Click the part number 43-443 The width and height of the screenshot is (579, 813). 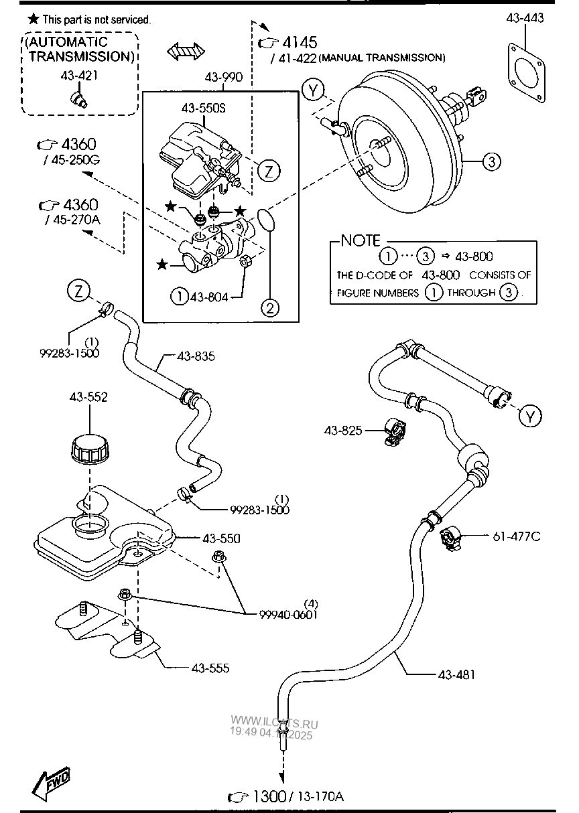525,19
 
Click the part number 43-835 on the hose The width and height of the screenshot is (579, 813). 196,357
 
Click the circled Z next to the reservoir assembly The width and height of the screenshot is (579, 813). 268,171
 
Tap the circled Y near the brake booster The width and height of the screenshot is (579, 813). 312,90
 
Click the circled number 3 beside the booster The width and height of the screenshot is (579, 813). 491,161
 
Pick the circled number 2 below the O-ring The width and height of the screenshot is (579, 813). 269,308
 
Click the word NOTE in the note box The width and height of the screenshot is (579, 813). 360,240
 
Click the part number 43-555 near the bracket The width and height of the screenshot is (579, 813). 210,668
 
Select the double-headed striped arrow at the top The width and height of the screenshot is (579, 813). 186,52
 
